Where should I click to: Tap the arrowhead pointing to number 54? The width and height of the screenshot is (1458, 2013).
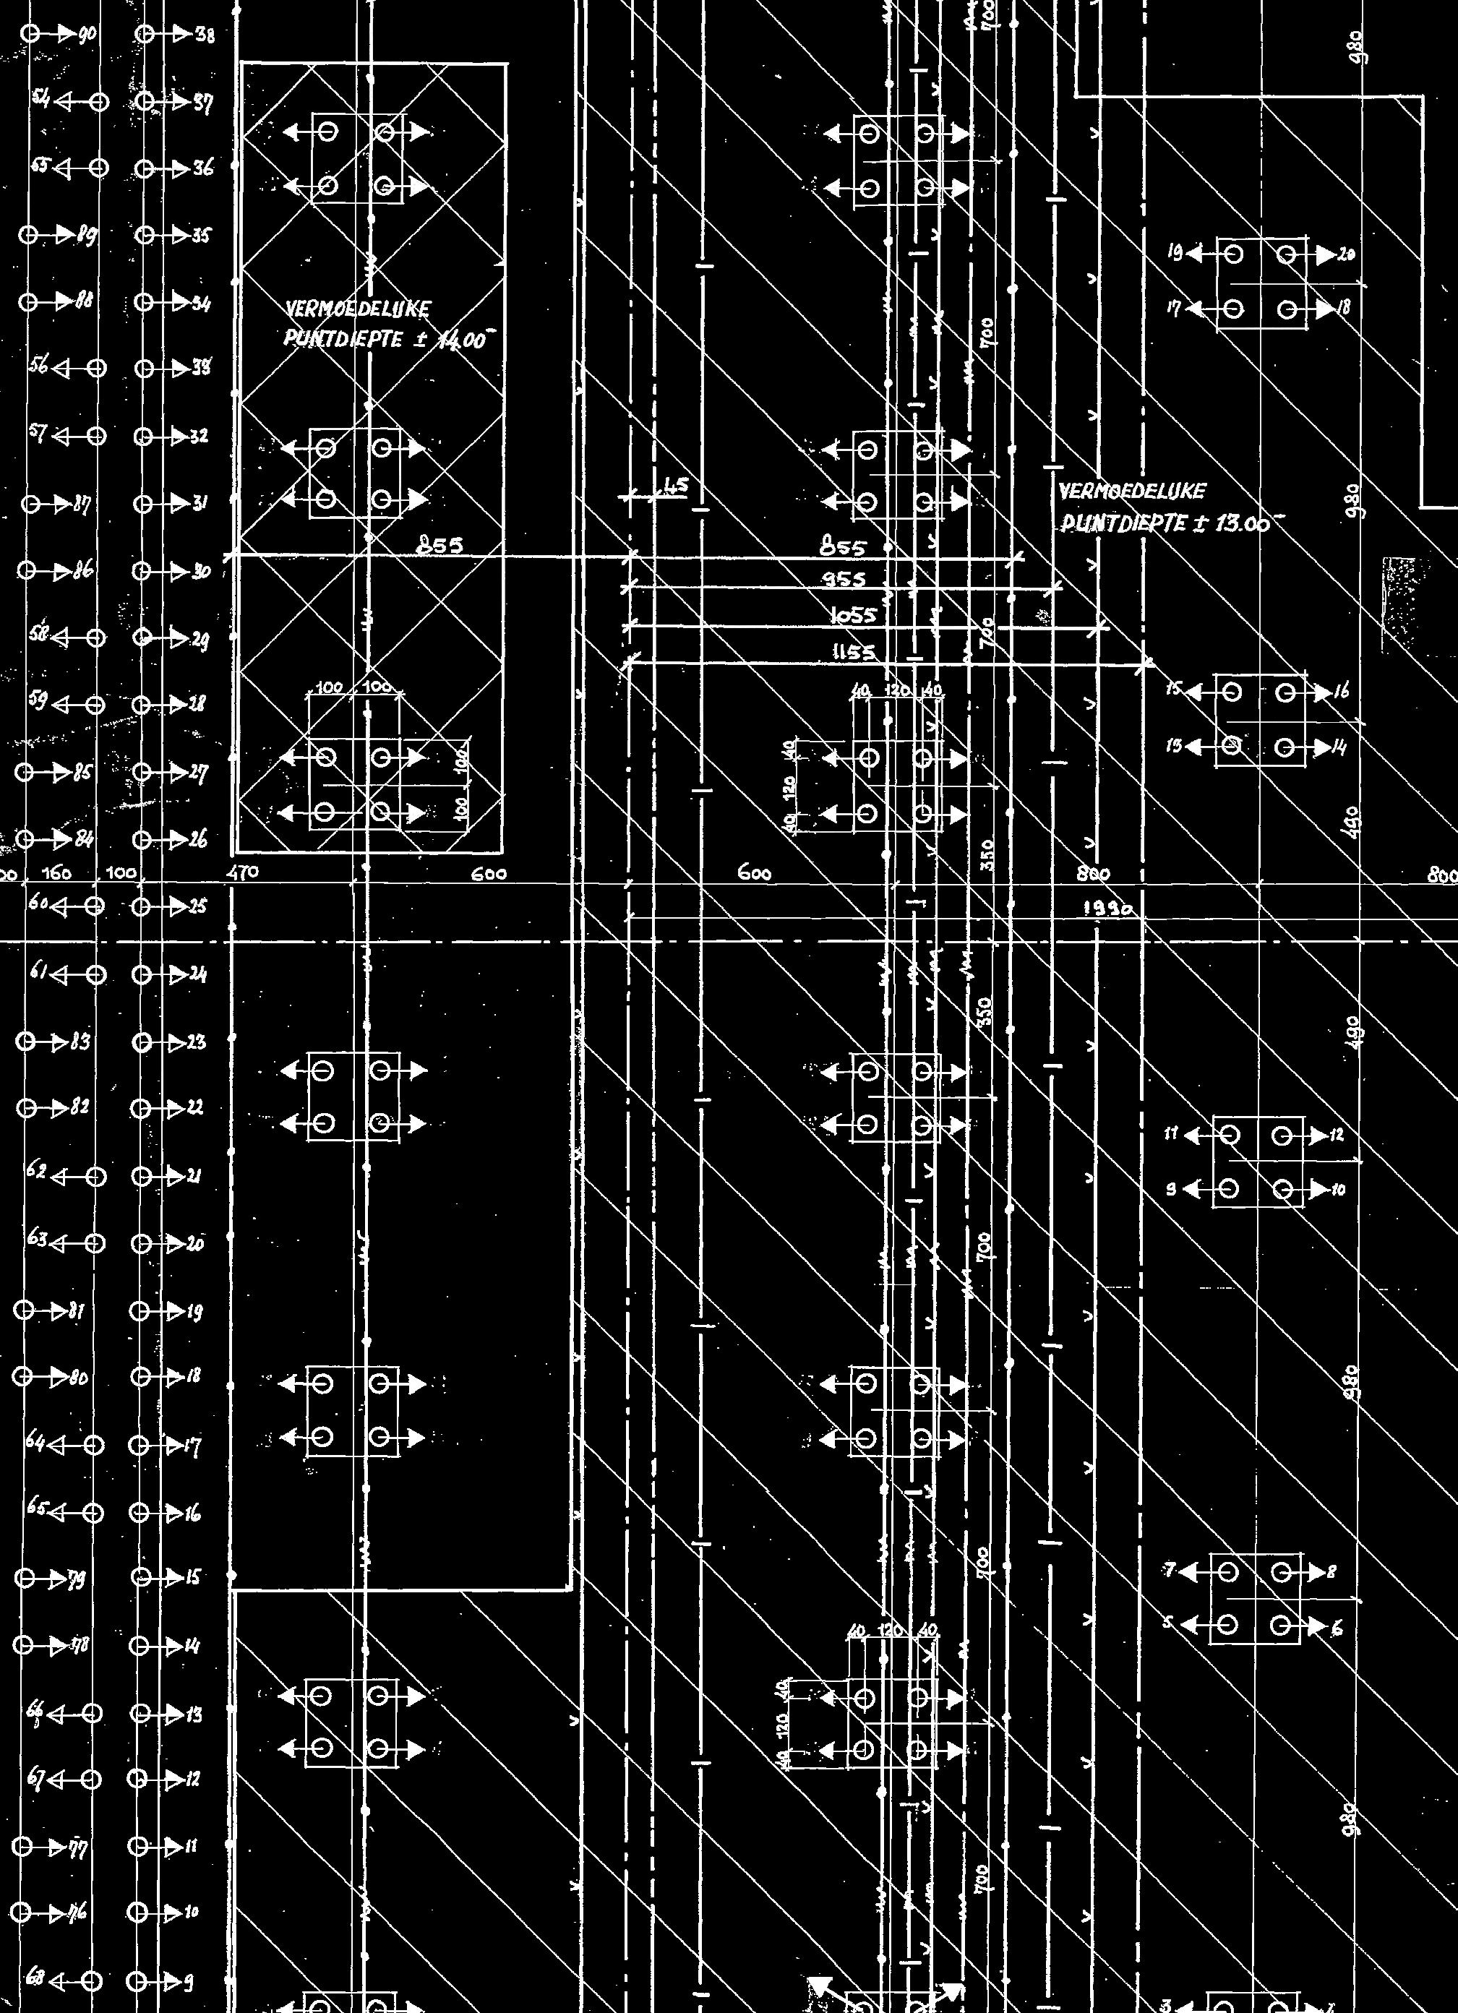61,101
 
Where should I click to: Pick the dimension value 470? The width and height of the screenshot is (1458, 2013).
241,873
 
